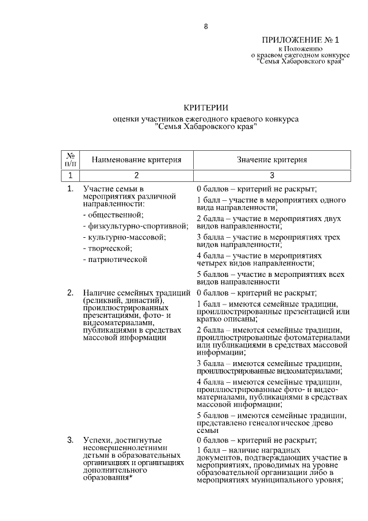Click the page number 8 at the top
click(x=206, y=26)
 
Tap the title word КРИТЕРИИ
click(x=206, y=108)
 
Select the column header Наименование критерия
click(x=137, y=160)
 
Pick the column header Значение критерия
click(x=272, y=160)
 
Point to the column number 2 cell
click(x=137, y=176)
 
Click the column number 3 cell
click(x=272, y=176)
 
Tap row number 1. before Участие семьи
click(x=70, y=189)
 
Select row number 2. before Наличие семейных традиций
click(x=70, y=293)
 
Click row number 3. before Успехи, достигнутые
click(x=70, y=441)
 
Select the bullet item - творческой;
click(x=108, y=248)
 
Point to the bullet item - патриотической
click(x=115, y=260)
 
